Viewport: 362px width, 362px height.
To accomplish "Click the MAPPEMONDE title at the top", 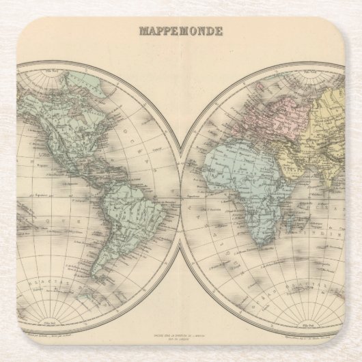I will pos(180,31).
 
